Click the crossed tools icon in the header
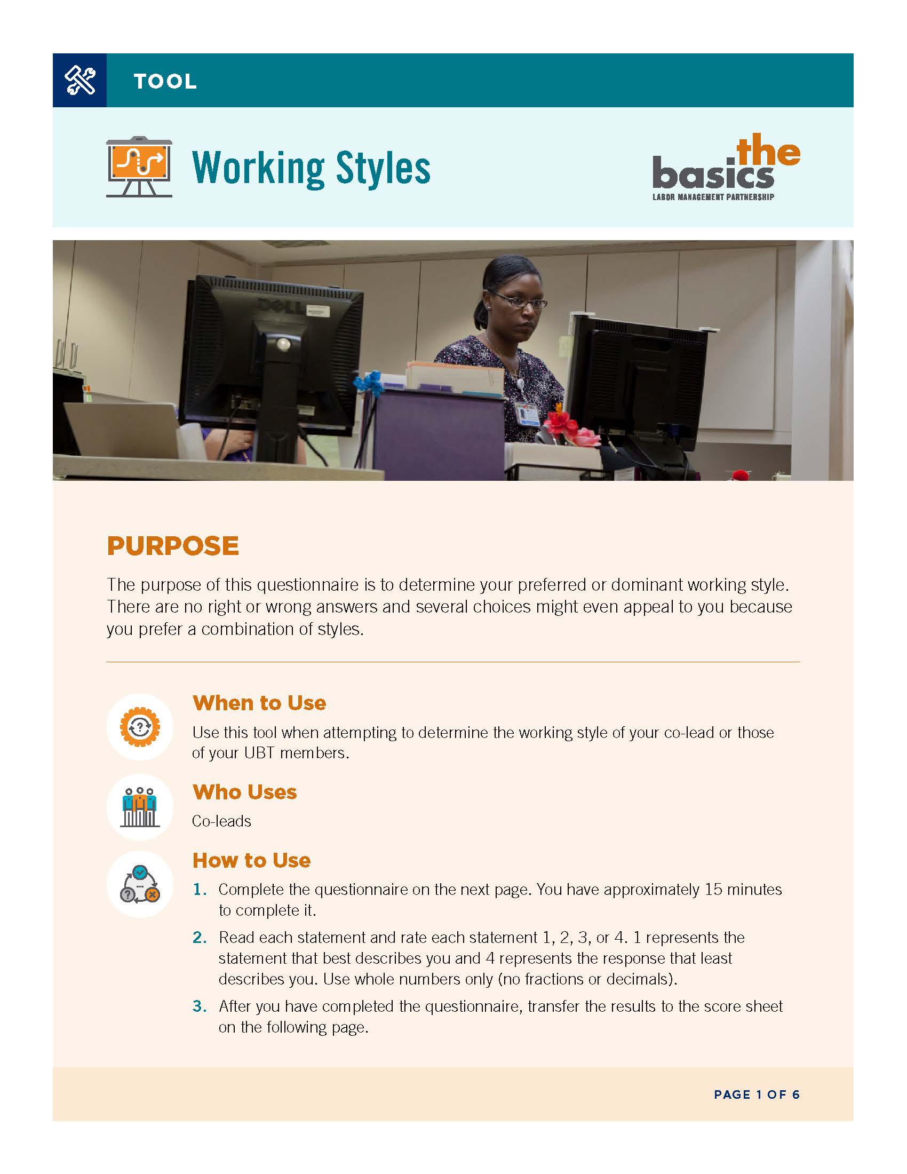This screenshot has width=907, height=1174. pos(79,80)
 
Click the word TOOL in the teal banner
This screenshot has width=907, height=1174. pos(165,82)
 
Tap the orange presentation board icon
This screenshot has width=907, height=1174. pos(139,166)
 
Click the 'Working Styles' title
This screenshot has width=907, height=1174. pos(311,168)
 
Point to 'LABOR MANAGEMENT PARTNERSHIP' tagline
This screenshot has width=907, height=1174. pos(713,197)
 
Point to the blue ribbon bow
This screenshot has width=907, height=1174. pos(368,383)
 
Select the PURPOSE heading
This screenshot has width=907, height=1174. pos(172,546)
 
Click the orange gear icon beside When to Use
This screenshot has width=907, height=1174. pos(140,727)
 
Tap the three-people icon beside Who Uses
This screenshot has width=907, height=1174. pos(140,807)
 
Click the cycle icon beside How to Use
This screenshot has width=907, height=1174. pos(140,884)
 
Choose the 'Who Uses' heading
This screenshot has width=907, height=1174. pos(244,792)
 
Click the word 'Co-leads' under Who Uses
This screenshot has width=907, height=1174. pos(221,821)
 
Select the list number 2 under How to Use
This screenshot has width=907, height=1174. pos(199,938)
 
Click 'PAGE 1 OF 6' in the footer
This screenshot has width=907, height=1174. pos(757,1094)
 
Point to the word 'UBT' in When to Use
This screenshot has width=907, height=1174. pos(259,752)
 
